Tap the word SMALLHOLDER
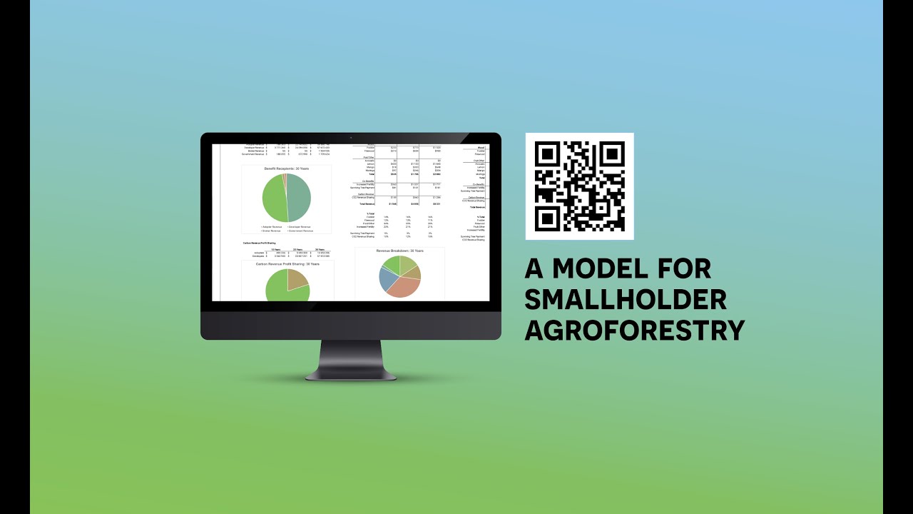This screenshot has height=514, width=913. coord(626,299)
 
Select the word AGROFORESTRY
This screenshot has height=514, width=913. coord(634,330)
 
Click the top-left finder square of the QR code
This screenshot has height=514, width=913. coord(547,154)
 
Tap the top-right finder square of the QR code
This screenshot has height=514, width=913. coord(612,154)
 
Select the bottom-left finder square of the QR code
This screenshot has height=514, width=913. coord(547,218)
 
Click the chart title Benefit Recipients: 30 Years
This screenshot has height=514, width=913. coord(287,168)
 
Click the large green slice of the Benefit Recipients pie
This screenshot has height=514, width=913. coord(274,198)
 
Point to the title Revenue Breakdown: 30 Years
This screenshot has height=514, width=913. coord(399,251)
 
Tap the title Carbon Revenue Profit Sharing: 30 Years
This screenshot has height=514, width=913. coord(287,264)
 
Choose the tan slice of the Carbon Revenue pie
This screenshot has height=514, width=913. coord(297,280)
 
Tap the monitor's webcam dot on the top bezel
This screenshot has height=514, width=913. coord(350,137)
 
